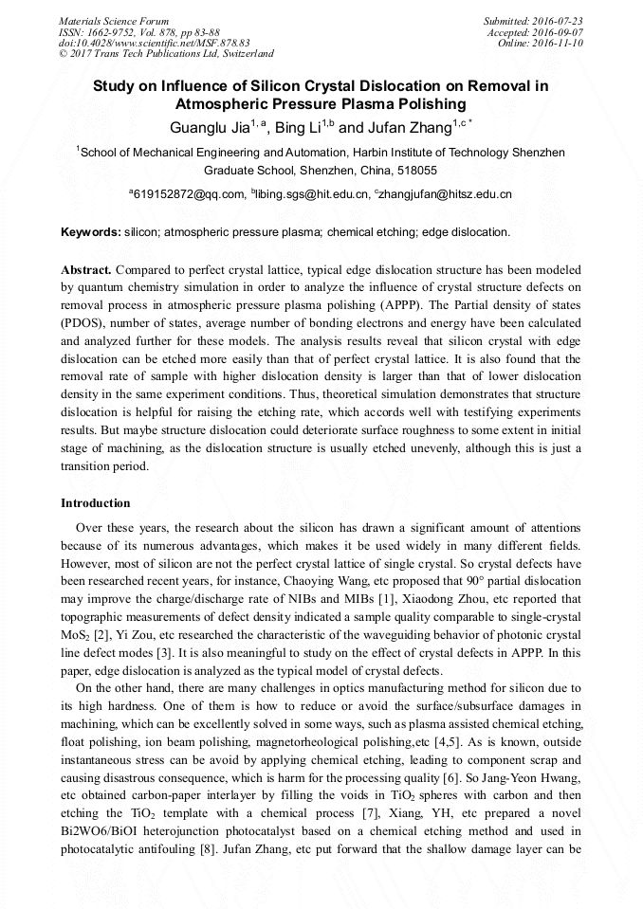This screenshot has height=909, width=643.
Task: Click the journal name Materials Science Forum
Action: tap(114, 21)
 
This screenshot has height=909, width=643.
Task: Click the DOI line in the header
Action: tap(155, 44)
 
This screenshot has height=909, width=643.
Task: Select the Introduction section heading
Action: tap(96, 503)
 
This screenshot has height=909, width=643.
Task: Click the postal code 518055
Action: tap(417, 171)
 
